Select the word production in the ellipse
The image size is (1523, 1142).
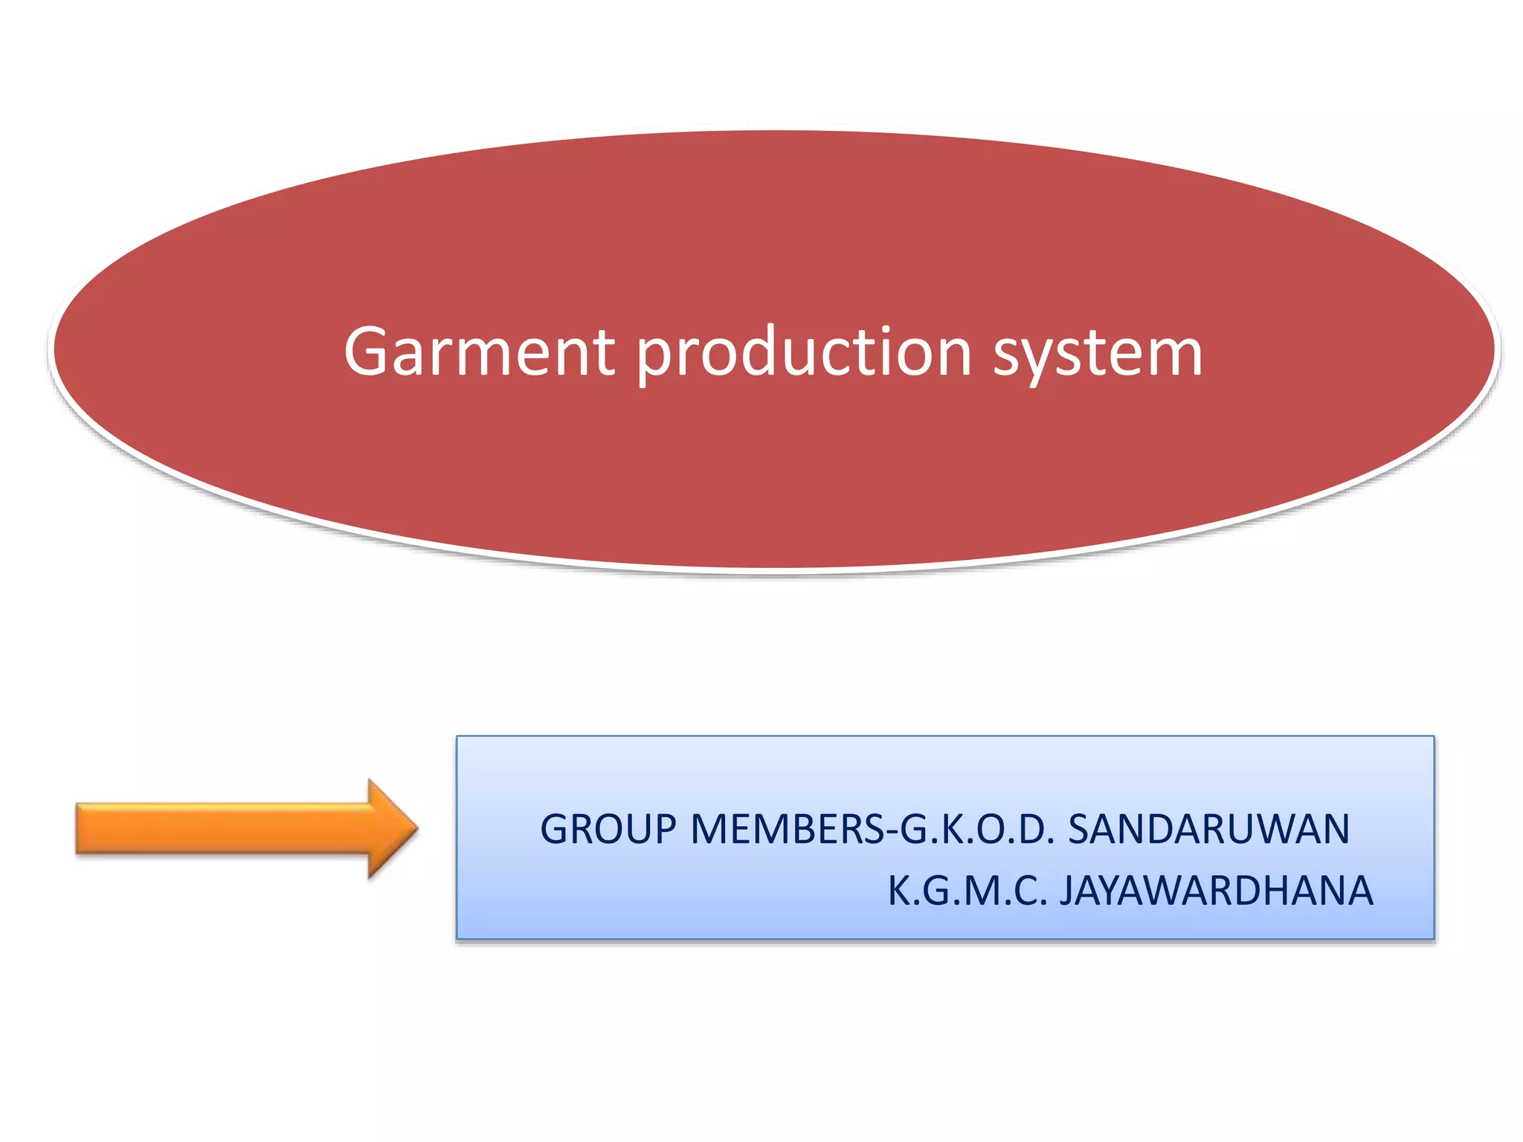[803, 352]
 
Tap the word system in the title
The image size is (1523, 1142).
[1097, 352]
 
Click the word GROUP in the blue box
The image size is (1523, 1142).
[608, 830]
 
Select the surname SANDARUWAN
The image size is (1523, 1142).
[1208, 830]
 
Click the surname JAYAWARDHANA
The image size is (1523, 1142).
[1216, 891]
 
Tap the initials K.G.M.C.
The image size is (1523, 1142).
[967, 891]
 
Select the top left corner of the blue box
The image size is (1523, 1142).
[457, 737]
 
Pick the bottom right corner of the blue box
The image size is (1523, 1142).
[1434, 939]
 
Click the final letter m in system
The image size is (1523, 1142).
[1173, 355]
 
